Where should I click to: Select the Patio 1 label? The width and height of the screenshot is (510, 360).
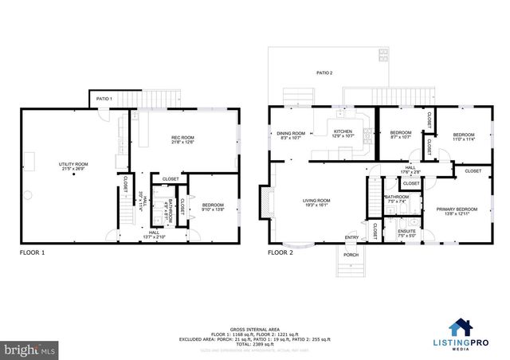(x=104, y=98)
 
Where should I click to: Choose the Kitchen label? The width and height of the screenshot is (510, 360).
(x=343, y=134)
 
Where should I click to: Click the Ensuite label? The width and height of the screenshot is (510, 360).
(x=406, y=233)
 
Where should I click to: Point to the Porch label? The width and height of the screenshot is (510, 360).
(x=351, y=256)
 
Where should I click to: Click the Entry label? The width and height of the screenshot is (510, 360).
(x=351, y=237)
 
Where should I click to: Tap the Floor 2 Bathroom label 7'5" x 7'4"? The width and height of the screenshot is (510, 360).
(x=396, y=199)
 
